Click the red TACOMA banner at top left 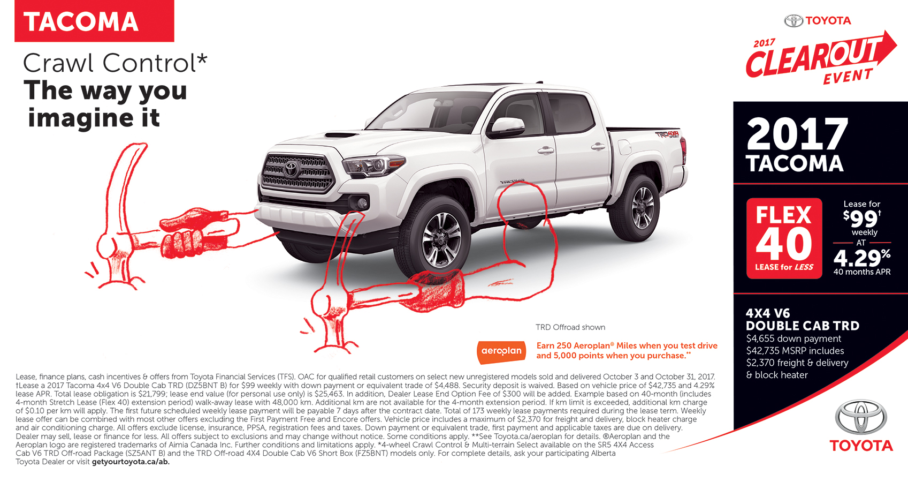click(94, 21)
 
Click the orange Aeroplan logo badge click(501, 351)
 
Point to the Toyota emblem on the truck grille click(291, 169)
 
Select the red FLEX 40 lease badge click(784, 238)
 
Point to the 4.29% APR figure click(861, 258)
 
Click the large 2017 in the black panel click(797, 134)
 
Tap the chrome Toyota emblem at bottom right click(861, 418)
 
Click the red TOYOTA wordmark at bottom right click(861, 446)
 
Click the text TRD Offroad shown click(570, 327)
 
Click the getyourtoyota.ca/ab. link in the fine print click(131, 462)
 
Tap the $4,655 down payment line click(793, 338)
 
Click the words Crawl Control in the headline click(110, 63)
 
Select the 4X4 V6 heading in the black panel click(768, 313)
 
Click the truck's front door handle click(546, 150)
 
